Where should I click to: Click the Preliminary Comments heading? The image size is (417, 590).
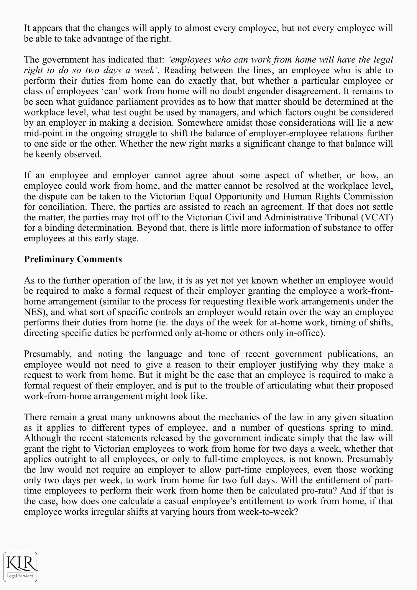pos(73,259)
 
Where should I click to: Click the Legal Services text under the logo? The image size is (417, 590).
pos(20,576)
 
